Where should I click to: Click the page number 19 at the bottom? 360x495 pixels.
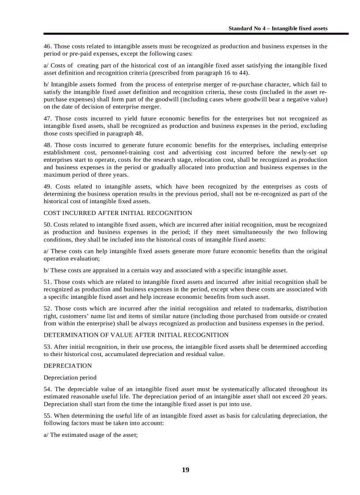pyautogui.click(x=185, y=470)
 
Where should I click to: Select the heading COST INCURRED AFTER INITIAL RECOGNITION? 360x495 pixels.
pyautogui.click(x=118, y=213)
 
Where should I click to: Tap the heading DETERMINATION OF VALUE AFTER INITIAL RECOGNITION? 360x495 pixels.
pyautogui.click(x=136, y=335)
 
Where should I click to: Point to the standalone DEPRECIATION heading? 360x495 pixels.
pyautogui.click(x=67, y=366)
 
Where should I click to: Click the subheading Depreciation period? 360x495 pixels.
pyautogui.click(x=70, y=377)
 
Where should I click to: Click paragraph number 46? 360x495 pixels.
pyautogui.click(x=48, y=46)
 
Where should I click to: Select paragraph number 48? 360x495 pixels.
pyautogui.click(x=48, y=145)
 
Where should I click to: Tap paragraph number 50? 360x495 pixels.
pyautogui.click(x=48, y=225)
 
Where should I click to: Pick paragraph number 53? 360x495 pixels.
pyautogui.click(x=48, y=347)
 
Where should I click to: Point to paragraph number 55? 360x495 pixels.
pyautogui.click(x=48, y=416)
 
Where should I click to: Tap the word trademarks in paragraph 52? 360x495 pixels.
pyautogui.click(x=277, y=309)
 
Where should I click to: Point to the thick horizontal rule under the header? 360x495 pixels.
pyautogui.click(x=195, y=34)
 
